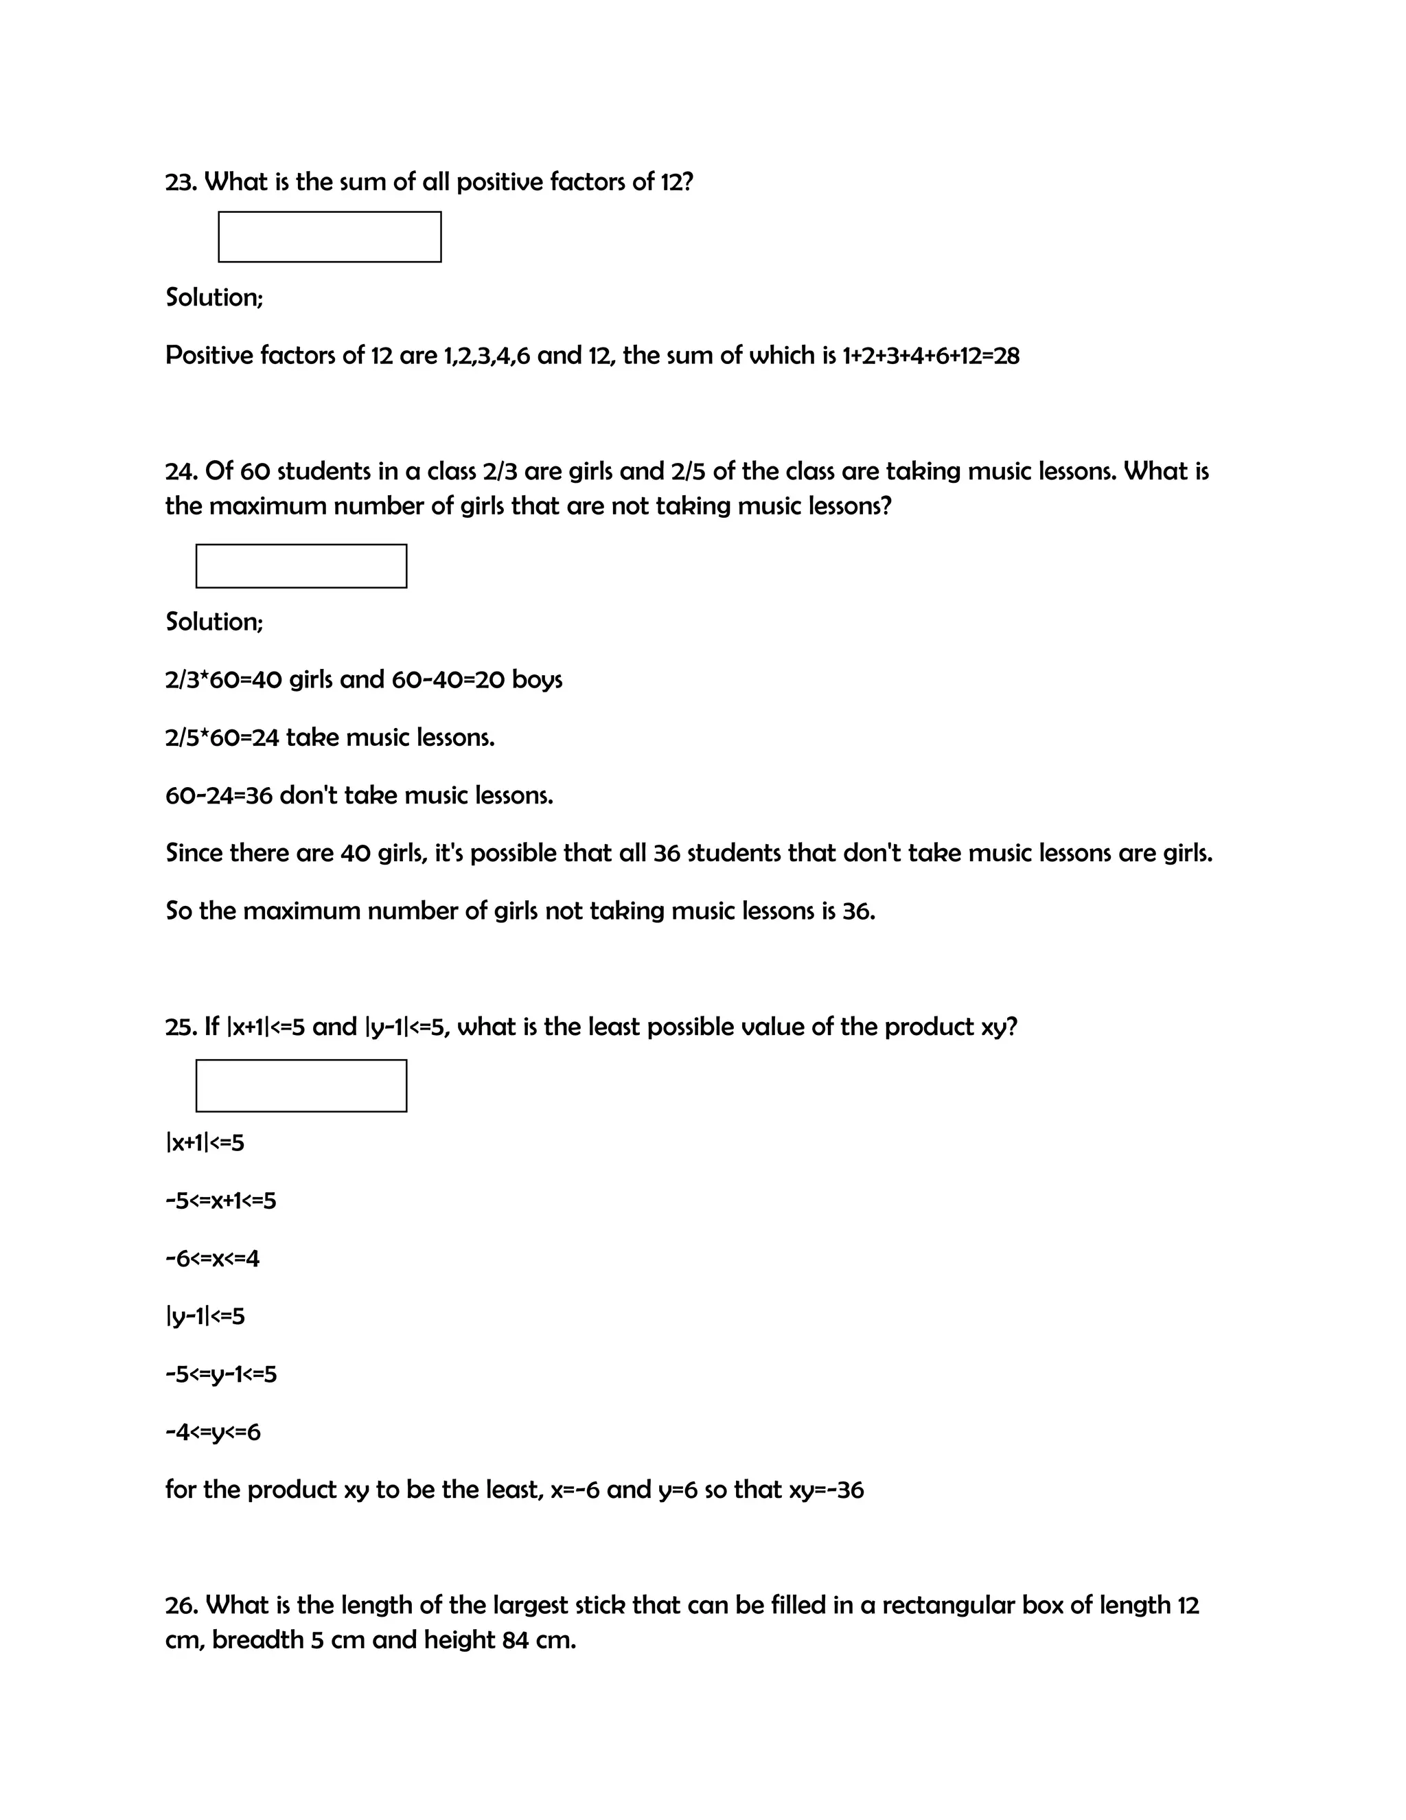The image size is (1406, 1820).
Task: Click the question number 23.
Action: [x=181, y=182]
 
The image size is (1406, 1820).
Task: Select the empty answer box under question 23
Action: [x=330, y=237]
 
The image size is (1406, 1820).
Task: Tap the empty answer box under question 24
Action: [x=301, y=566]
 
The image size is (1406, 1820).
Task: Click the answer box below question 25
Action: [x=301, y=1085]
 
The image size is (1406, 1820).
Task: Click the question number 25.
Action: [x=181, y=1027]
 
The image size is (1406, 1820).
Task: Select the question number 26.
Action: [x=181, y=1605]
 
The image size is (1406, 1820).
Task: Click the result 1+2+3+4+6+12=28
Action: [x=930, y=356]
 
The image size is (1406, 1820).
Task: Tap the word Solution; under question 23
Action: [x=214, y=297]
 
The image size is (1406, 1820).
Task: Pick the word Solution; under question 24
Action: [x=214, y=622]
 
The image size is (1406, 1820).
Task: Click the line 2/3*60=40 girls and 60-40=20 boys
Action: [x=364, y=680]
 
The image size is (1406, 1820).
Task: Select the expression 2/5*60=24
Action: [x=222, y=738]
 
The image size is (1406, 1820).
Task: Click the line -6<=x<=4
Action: [x=212, y=1258]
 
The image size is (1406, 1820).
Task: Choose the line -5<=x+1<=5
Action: [x=221, y=1201]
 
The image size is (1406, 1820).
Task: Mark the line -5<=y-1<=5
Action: [x=221, y=1374]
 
